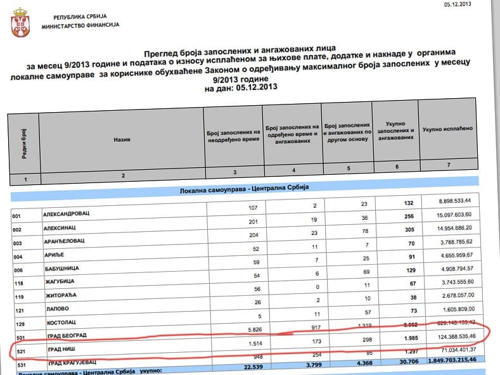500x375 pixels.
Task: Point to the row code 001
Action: (18, 216)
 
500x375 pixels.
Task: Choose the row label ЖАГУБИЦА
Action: (60, 281)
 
